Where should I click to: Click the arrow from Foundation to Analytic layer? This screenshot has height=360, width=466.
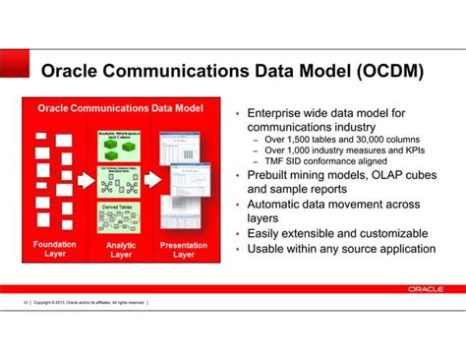[x=86, y=180]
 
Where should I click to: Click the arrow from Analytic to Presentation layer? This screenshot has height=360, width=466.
[x=152, y=180]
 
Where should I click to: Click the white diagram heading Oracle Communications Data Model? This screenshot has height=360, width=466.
[x=119, y=108]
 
